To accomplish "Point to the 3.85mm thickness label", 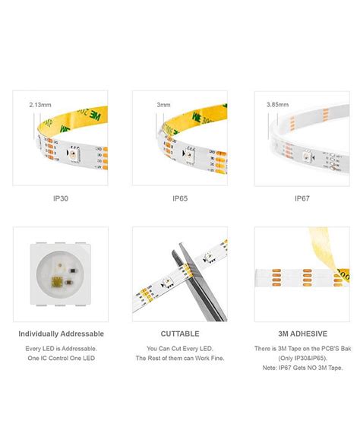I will coord(279,104).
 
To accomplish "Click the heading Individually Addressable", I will coord(61,334).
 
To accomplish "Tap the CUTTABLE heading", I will coord(179,334).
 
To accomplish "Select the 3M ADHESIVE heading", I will coord(301,334).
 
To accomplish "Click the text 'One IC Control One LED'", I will coord(61,358).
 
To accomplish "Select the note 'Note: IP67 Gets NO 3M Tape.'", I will coord(301,367).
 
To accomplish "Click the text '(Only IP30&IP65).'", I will coord(301,358).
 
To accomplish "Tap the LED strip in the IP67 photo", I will coord(304,144).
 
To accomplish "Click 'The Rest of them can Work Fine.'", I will coord(179,358).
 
